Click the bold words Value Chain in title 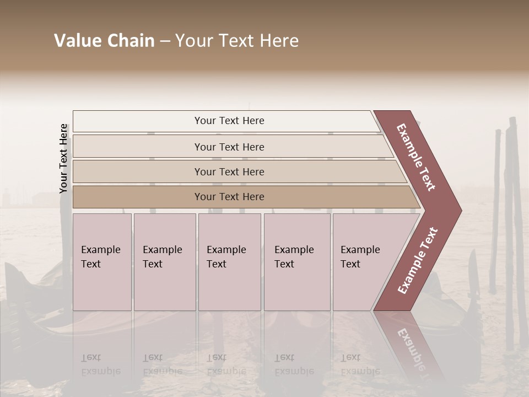pyautogui.click(x=104, y=41)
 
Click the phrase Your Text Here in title pyautogui.click(x=237, y=41)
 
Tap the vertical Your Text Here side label pyautogui.click(x=63, y=158)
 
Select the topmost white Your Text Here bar pyautogui.click(x=229, y=121)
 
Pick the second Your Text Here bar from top pyautogui.click(x=229, y=147)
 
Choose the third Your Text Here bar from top pyautogui.click(x=229, y=171)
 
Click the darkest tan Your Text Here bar pyautogui.click(x=229, y=197)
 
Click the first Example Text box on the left pyautogui.click(x=102, y=262)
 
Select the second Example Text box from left pyautogui.click(x=164, y=262)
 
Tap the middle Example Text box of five pyautogui.click(x=229, y=262)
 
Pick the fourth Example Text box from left pyautogui.click(x=296, y=262)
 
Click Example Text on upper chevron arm pyautogui.click(x=417, y=157)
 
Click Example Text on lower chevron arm pyautogui.click(x=417, y=261)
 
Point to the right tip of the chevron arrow pyautogui.click(x=460, y=211)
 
